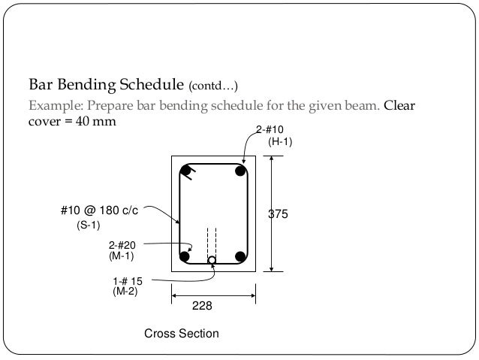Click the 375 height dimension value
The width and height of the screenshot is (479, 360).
coord(279,214)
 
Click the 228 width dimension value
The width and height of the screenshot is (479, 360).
coord(203,306)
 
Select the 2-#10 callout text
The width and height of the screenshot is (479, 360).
coord(270,131)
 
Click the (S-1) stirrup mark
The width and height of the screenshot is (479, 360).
coord(89,225)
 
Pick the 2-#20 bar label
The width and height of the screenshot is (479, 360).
coord(123,246)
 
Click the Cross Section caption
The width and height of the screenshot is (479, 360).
coord(182,332)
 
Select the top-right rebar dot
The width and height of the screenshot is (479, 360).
coord(240,171)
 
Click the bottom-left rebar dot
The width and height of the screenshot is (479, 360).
coord(186,257)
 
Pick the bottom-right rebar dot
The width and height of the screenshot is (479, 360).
coord(241,257)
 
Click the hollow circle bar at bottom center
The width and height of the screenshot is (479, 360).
coord(212,261)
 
